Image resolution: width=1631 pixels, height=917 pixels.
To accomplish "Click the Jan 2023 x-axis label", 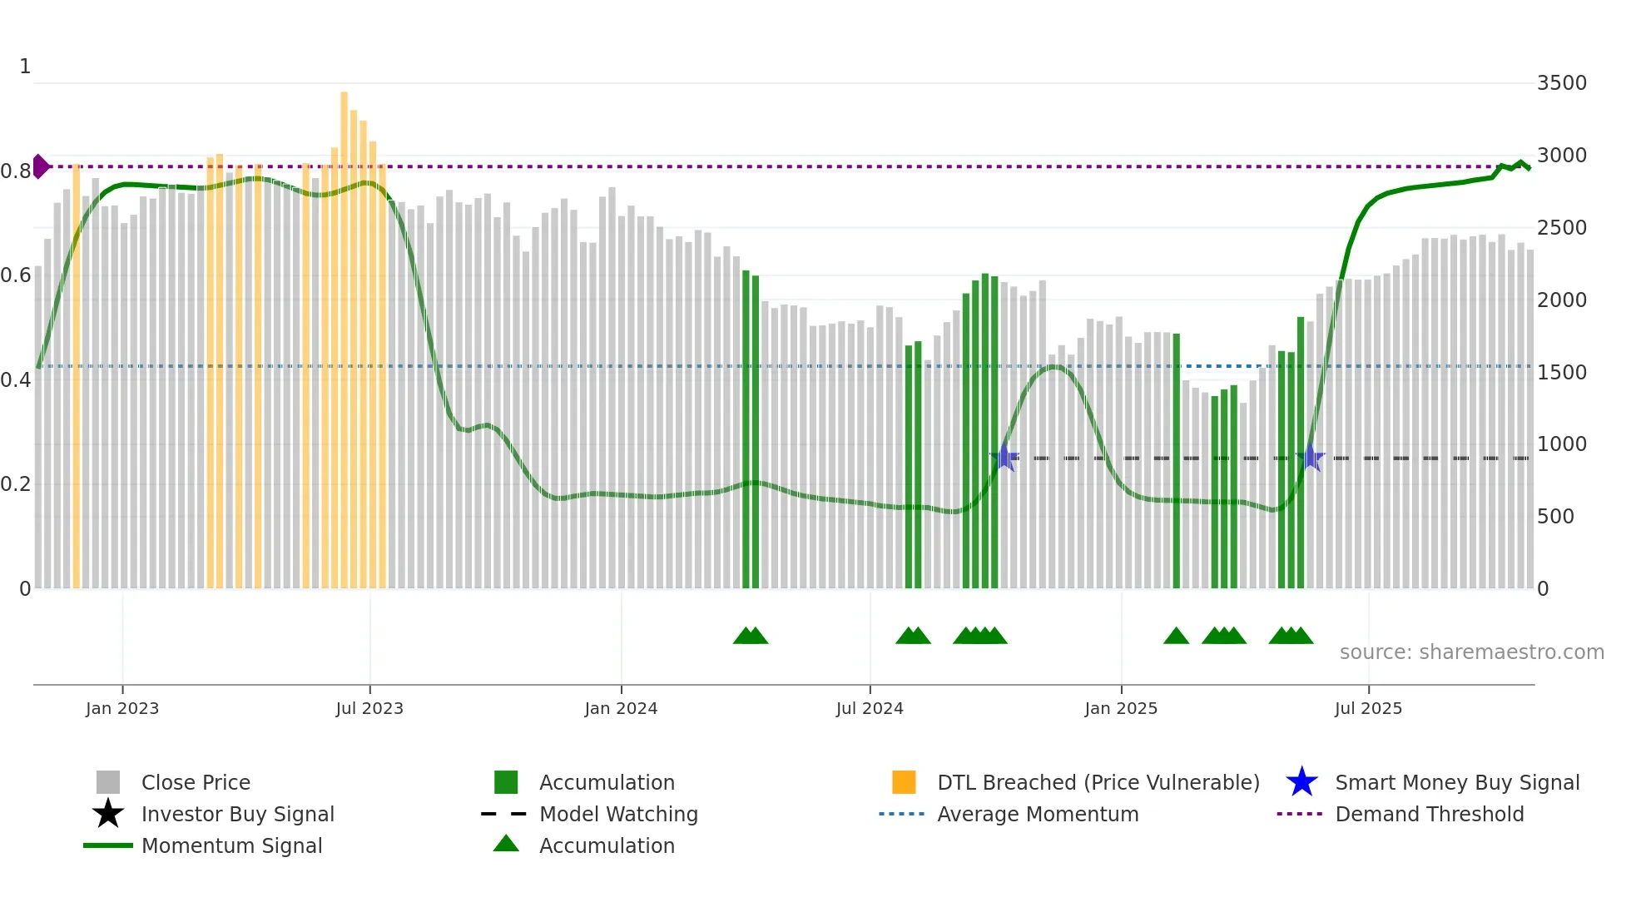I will coord(121,708).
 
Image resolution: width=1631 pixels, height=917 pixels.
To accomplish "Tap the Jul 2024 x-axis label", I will coord(870,708).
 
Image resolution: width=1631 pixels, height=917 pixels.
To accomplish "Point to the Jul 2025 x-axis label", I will coord(1368,708).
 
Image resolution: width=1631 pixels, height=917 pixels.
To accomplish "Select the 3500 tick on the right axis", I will coord(1561,83).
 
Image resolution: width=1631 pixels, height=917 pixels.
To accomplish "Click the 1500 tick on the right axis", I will coord(1561,372).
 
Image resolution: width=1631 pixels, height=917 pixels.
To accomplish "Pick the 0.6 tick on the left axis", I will coord(16,275).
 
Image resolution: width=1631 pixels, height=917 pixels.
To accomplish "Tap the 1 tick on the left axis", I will coord(25,67).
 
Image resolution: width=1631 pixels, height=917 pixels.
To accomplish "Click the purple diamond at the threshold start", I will coord(40,166).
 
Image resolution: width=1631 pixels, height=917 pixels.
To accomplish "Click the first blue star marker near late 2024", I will coord(1004,457).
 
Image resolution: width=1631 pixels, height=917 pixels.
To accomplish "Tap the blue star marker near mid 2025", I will coord(1311,457).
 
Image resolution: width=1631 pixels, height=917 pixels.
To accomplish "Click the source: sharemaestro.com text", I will coord(1471,652).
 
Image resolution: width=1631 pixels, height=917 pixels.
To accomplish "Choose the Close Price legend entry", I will coord(196,782).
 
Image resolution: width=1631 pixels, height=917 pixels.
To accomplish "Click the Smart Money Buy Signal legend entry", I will coord(1456,782).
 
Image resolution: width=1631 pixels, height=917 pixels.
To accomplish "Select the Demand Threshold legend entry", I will coord(1429,814).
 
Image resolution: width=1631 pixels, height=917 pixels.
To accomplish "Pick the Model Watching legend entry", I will coord(618,814).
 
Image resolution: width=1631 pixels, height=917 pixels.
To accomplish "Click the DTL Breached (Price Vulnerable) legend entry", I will coord(1098,782).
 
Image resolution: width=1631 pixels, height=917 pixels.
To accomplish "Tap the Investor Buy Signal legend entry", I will coord(237,814).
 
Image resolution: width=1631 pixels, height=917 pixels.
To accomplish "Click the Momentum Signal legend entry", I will coord(231,845).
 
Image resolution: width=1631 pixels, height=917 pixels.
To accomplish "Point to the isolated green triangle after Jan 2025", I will coord(1176,637).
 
